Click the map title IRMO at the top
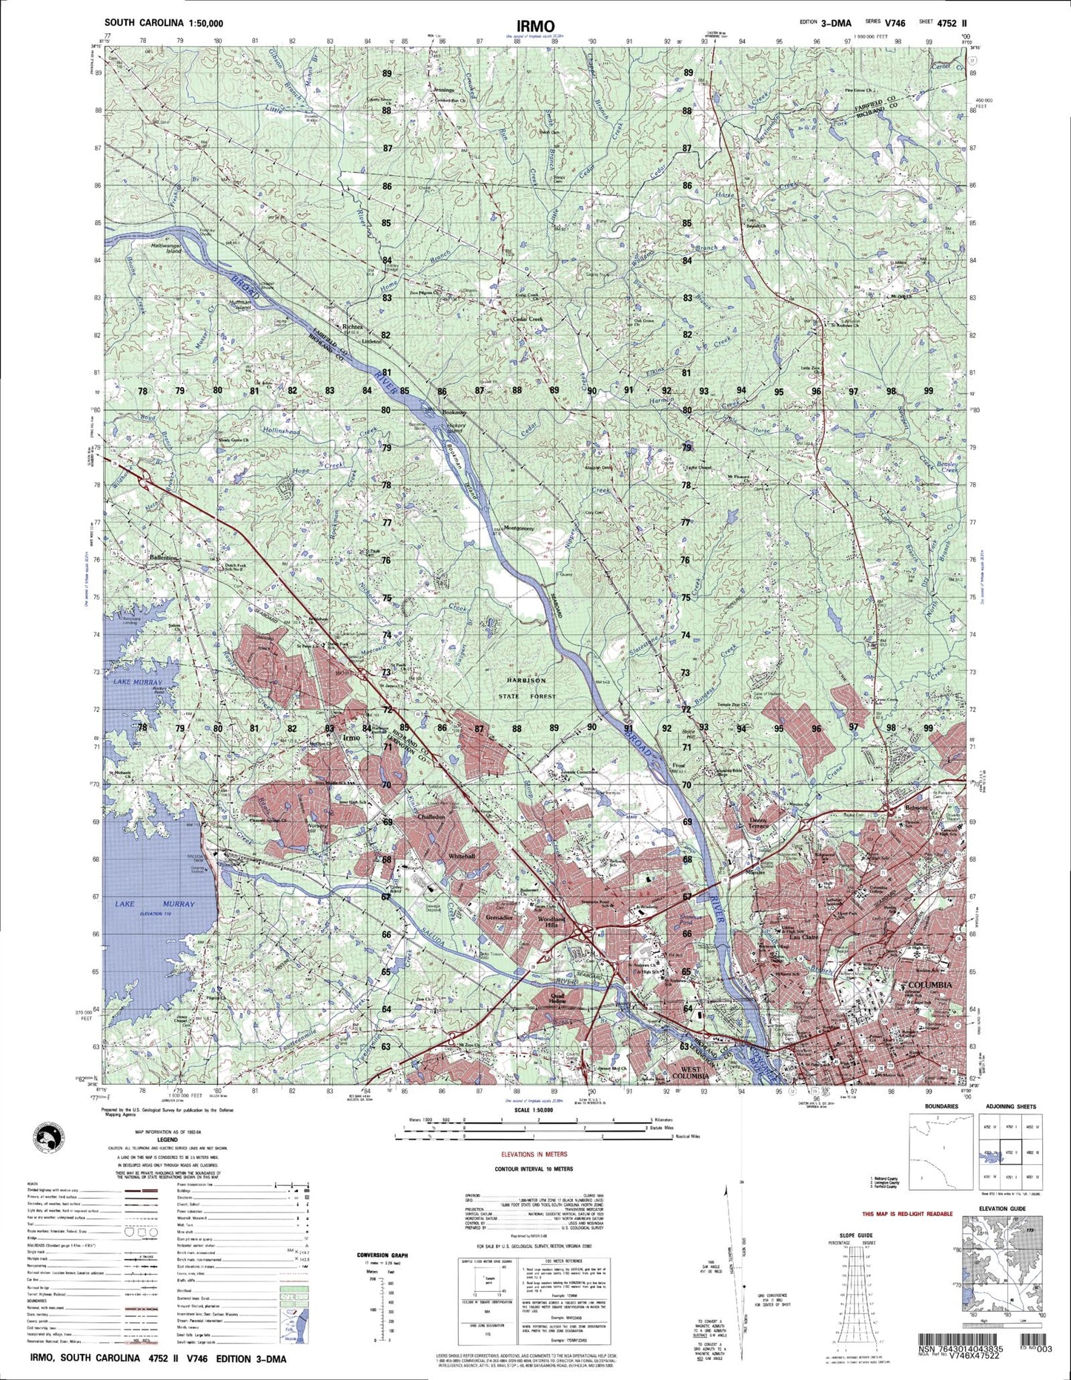(x=536, y=26)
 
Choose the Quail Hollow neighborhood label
(x=557, y=997)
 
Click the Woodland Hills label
(x=550, y=922)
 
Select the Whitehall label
(x=460, y=856)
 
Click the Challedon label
(x=431, y=816)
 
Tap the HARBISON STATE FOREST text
(x=527, y=688)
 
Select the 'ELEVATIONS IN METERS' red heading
(x=534, y=1155)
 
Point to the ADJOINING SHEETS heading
(x=1011, y=1106)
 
